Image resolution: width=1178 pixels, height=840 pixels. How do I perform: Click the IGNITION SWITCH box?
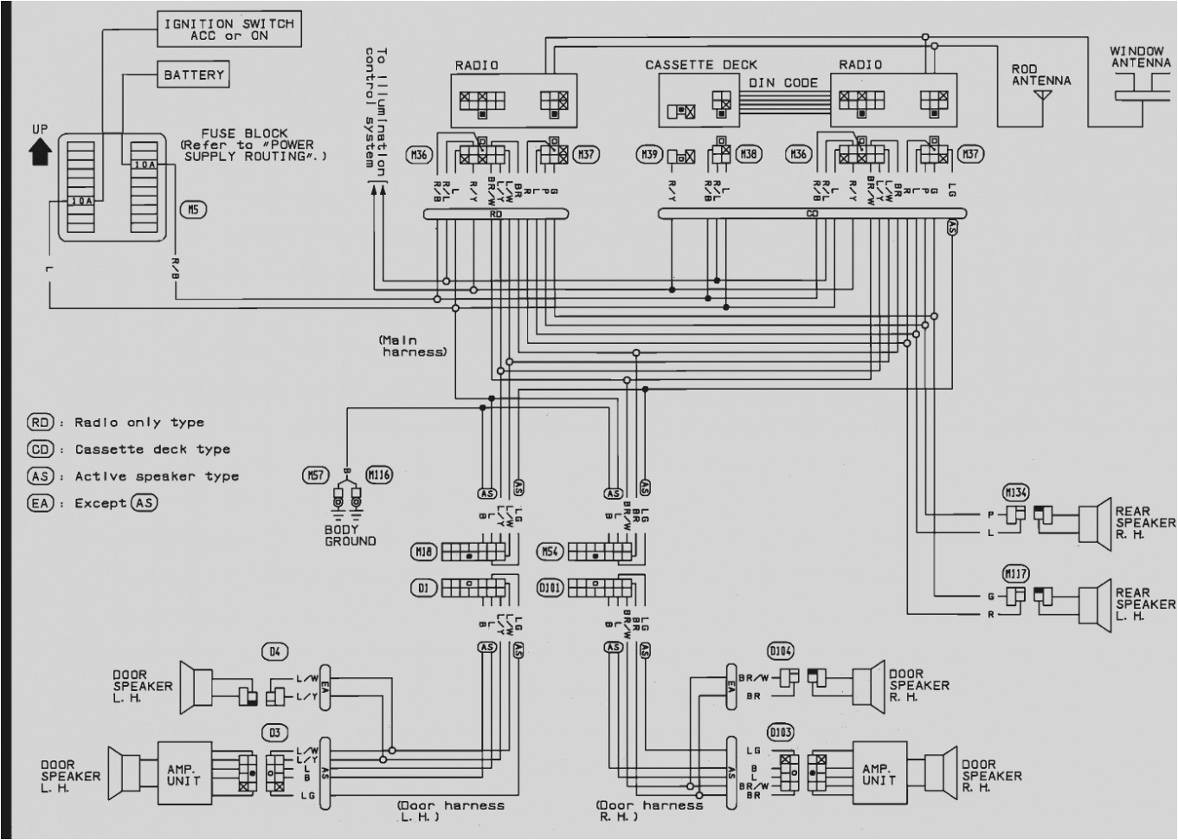tap(229, 29)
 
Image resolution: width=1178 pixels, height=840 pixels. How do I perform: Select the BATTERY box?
tap(193, 75)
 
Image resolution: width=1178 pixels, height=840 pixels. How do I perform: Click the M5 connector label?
tap(193, 210)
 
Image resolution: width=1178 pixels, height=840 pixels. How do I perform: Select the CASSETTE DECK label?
tap(700, 65)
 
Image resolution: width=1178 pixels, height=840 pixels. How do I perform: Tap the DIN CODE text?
tap(782, 83)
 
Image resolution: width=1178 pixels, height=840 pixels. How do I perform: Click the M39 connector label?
tap(648, 155)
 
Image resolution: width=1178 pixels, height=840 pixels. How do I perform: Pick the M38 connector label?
tap(749, 154)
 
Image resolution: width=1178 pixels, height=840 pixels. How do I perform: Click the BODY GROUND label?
tap(350, 535)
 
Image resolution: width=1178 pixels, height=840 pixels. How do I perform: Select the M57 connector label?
tap(315, 475)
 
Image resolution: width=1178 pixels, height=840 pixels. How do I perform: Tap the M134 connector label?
tap(1015, 493)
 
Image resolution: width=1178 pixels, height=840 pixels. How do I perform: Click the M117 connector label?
tap(1015, 573)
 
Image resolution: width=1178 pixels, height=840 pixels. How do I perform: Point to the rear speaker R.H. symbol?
tap(1095, 523)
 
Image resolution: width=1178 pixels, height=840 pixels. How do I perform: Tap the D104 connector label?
tap(780, 651)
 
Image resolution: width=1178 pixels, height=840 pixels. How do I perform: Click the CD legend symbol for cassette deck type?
tap(41, 449)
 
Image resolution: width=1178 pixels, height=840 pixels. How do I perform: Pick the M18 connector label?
tap(423, 551)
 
